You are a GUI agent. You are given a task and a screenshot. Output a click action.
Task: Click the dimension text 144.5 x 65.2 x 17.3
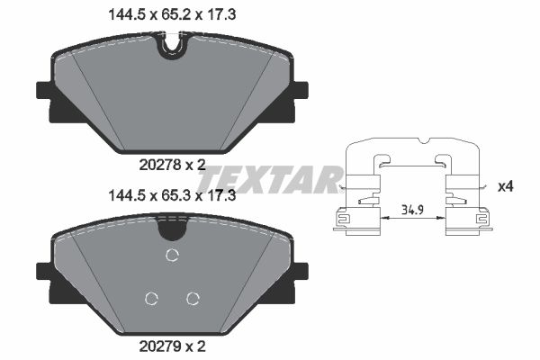coord(171,13)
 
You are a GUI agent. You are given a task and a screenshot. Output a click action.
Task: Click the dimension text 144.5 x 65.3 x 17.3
coord(171,194)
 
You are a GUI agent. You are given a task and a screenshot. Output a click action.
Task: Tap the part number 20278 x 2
coord(171,164)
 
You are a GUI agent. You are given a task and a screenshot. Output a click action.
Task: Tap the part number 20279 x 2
coord(171,344)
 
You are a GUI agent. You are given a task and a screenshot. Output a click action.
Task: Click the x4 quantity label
coord(506,186)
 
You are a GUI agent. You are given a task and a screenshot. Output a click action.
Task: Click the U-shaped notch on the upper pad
coord(171,47)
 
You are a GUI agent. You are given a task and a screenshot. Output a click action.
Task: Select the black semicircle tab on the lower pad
coord(171,229)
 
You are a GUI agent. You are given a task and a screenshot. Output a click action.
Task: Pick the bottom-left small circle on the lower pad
coord(151,299)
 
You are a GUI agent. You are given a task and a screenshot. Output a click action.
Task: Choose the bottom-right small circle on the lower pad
coord(192,299)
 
